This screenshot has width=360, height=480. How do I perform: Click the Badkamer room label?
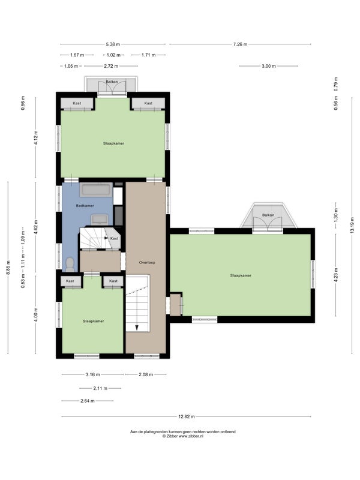(85, 206)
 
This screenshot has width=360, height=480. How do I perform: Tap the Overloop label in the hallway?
(147, 262)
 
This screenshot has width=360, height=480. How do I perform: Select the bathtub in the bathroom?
(96, 190)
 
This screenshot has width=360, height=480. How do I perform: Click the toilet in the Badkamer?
(70, 265)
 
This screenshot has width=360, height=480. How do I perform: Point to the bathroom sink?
(100, 219)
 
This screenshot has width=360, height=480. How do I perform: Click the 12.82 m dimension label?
(186, 416)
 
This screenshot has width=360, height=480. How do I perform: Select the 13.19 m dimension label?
(352, 225)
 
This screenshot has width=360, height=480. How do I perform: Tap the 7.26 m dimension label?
(240, 44)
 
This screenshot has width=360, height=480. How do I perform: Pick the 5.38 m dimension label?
(113, 44)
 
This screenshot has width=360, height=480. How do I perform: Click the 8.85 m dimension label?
(8, 268)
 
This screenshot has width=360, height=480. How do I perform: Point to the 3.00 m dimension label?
(268, 66)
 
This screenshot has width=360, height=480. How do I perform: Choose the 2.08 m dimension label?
(146, 374)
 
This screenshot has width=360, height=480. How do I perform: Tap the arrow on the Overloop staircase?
(137, 327)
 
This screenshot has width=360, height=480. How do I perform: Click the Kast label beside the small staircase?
(114, 238)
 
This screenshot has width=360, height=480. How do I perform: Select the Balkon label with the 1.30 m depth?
(268, 215)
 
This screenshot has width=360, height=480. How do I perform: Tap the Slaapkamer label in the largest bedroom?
(241, 275)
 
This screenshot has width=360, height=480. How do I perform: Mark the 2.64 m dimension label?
(87, 401)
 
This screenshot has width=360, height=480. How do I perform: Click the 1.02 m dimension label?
(113, 55)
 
